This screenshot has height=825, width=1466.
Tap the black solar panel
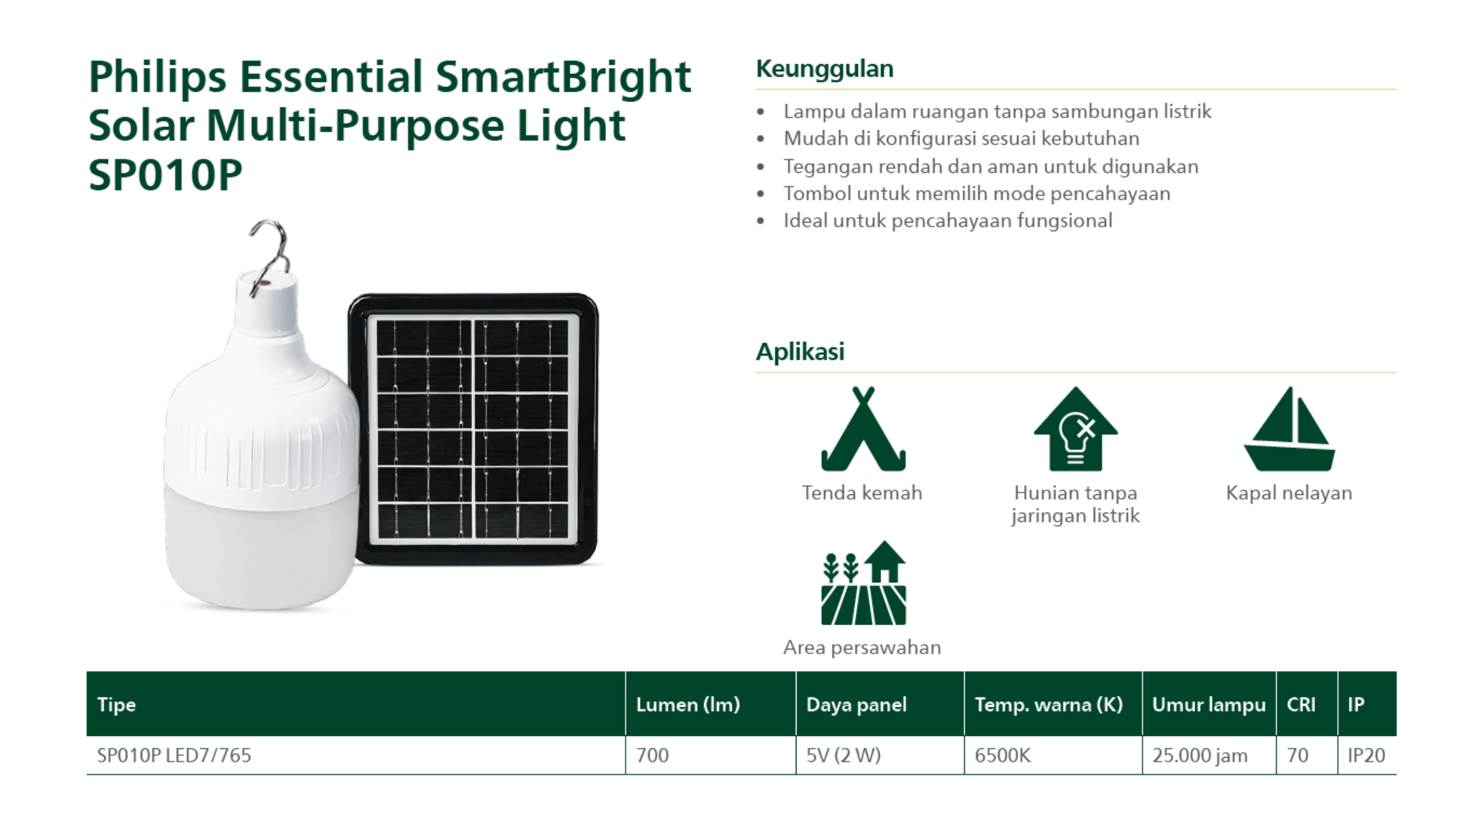coord(473,429)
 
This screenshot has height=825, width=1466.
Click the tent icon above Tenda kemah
coord(863,429)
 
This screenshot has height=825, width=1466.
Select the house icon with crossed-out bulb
coord(1075,429)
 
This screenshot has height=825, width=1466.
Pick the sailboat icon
coord(1289,429)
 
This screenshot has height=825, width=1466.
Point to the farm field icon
coord(863,583)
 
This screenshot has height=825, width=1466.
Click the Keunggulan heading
coord(825,69)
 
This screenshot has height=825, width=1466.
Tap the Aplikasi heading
coord(800,352)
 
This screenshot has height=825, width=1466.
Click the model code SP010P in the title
coord(166,175)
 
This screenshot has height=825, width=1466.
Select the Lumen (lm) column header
coord(688,705)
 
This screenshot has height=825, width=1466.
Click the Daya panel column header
coord(856,705)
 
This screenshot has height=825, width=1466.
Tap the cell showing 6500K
coord(1003,756)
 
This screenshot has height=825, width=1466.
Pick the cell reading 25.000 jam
coord(1200,756)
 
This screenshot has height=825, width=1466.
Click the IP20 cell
coord(1366,756)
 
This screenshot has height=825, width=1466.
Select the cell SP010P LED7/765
coord(174,756)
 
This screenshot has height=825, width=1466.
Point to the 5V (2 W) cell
coord(843,756)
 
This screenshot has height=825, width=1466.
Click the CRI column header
coord(1301,705)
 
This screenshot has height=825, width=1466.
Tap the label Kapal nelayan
coord(1289,493)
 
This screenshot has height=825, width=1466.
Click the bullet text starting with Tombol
coord(977,194)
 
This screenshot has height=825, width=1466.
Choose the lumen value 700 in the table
coord(653,756)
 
